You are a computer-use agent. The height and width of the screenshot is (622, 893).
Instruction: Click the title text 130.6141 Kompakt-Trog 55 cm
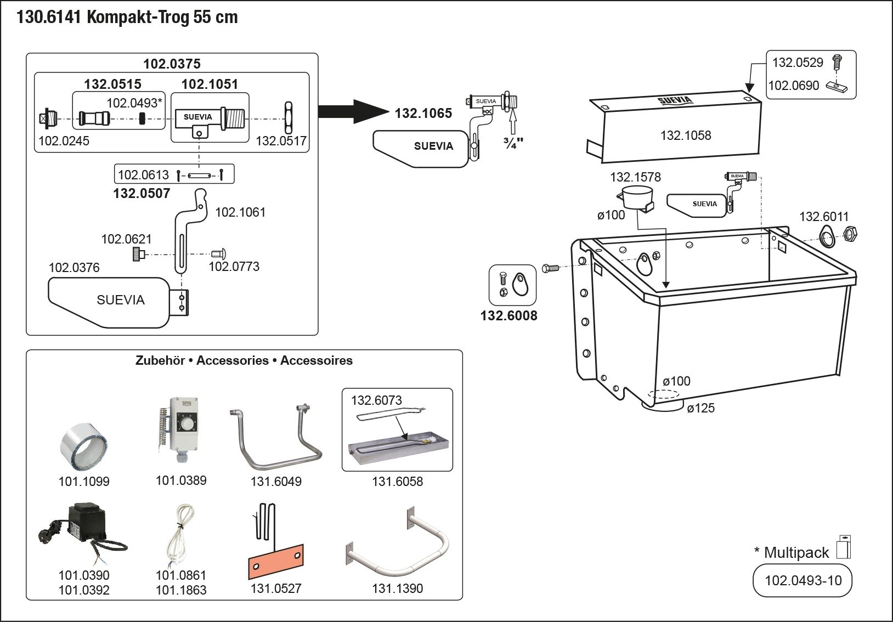point(127,18)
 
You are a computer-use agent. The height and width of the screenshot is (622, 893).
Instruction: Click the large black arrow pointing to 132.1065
point(351,111)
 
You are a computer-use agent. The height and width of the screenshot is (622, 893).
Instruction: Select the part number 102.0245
point(64,141)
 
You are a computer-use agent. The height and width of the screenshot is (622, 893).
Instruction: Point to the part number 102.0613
point(143,175)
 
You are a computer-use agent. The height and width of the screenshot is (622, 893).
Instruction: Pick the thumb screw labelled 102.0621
point(138,254)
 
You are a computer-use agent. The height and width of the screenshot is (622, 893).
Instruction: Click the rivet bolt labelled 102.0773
point(219,253)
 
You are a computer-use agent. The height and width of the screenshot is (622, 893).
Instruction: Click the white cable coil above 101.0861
point(180,535)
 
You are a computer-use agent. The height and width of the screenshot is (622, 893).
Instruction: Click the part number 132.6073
point(376,400)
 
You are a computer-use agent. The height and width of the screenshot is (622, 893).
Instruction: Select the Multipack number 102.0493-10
point(802,580)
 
